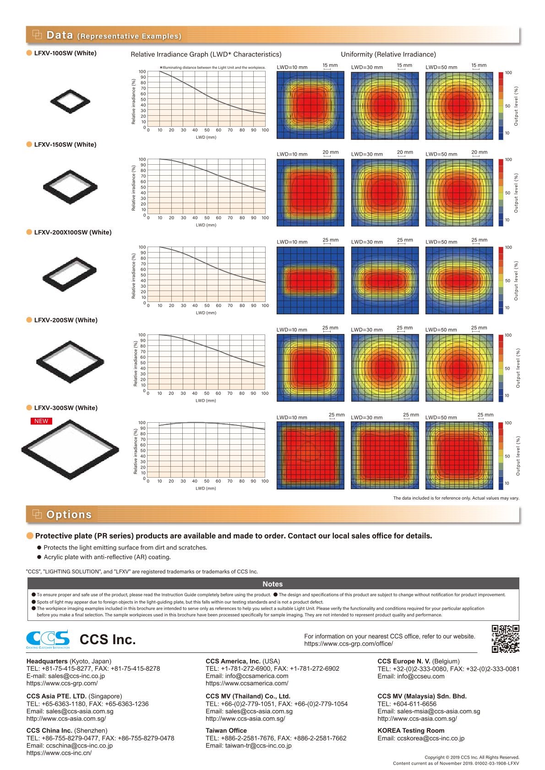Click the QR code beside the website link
coord(505,638)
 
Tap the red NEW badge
coord(41,421)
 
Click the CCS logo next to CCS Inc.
coord(48,639)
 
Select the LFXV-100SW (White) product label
coord(65,53)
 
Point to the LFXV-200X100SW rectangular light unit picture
coord(70,274)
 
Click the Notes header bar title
coord(272,584)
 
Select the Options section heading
coord(69,515)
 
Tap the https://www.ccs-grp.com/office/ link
coord(348,644)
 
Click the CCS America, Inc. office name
coord(233,661)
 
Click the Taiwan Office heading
coord(226,731)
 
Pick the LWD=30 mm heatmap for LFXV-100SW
coord(385,105)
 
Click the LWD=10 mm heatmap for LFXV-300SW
coord(311,456)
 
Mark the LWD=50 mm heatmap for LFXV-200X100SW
coord(459,280)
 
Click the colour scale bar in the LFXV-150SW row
coord(501,193)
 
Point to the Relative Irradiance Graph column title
coord(206,54)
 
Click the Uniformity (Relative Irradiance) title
coord(388,54)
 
